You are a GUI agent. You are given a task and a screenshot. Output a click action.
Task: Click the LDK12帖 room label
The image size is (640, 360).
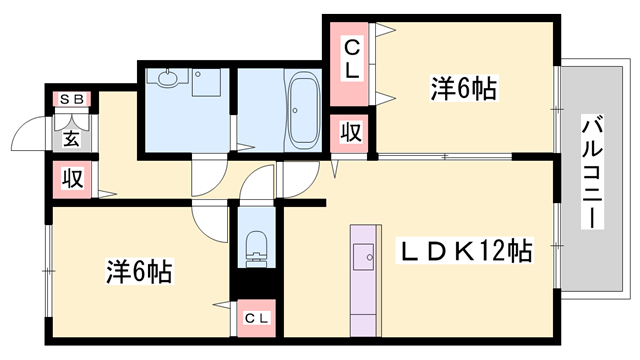467,249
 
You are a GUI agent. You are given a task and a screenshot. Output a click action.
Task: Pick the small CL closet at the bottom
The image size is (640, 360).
257,317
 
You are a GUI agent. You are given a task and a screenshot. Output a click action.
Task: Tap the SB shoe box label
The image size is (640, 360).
72,99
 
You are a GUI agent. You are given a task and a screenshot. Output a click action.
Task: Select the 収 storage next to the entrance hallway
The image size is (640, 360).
73,179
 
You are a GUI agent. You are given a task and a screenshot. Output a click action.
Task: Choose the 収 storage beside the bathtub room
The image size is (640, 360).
353,132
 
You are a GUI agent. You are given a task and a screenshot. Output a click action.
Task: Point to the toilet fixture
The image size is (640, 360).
257,246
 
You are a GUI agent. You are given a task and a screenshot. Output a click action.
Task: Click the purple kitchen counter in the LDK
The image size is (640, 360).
363,277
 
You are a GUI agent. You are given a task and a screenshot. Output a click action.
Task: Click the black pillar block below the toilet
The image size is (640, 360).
257,287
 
